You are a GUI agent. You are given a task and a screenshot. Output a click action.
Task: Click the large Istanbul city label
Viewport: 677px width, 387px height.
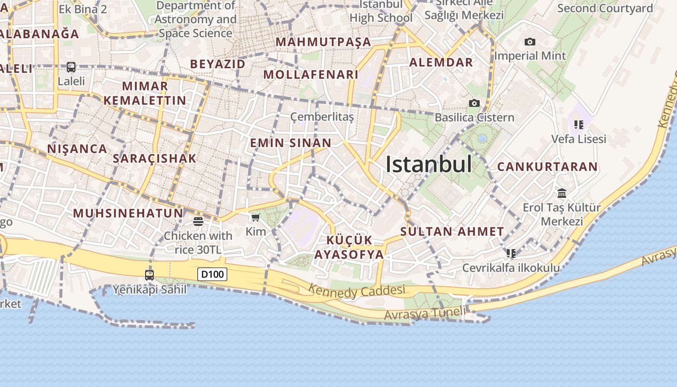click(428, 164)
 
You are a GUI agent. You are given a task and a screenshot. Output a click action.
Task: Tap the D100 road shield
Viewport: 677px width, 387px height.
click(212, 274)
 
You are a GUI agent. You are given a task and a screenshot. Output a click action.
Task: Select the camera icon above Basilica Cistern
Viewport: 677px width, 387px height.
click(474, 103)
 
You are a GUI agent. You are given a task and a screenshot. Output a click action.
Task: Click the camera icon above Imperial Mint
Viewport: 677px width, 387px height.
click(530, 42)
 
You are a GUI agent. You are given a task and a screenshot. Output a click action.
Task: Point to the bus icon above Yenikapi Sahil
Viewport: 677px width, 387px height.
click(149, 275)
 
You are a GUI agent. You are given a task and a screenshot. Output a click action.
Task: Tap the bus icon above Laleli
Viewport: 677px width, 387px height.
click(71, 67)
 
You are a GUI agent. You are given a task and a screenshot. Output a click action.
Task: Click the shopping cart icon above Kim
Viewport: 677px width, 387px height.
click(255, 218)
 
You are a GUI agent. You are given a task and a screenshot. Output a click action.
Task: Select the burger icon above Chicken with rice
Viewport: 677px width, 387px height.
click(198, 222)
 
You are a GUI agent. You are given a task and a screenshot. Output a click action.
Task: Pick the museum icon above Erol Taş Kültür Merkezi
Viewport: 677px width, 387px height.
click(561, 193)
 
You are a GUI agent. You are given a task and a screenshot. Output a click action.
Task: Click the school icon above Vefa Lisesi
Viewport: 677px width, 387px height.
click(578, 125)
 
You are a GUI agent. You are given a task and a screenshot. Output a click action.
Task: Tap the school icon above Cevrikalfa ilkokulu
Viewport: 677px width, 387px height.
click(511, 253)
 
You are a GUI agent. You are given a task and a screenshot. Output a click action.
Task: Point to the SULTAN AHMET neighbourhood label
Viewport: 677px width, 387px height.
click(452, 232)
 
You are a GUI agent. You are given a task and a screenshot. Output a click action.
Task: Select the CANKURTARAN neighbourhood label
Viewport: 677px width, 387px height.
click(547, 167)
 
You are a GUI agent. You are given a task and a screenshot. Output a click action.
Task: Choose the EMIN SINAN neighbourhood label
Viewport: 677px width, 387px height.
click(291, 143)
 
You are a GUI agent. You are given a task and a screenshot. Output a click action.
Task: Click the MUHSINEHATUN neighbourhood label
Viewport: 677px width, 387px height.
click(128, 213)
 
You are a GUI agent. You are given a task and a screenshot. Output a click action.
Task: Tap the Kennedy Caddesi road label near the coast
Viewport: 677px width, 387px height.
click(356, 291)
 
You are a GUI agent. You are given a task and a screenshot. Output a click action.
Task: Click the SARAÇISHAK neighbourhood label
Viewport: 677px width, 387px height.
click(155, 158)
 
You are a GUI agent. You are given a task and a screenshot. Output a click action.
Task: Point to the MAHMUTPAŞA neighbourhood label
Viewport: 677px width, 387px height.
click(324, 42)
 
